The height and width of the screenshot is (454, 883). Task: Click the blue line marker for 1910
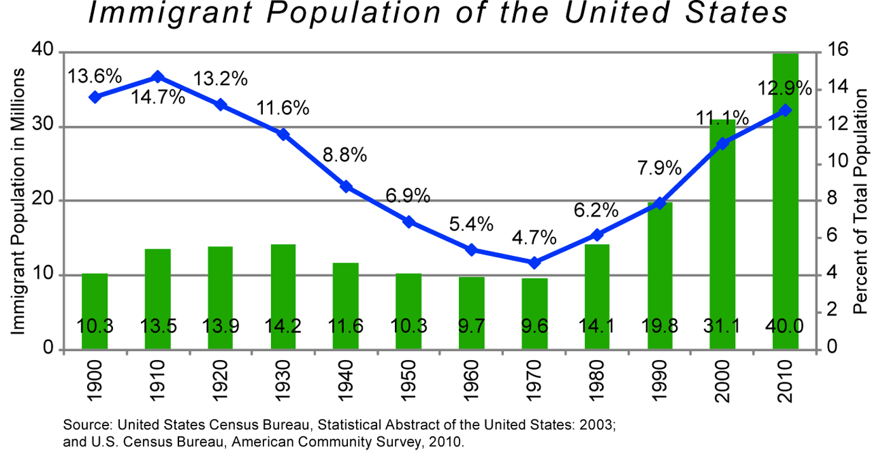point(158,77)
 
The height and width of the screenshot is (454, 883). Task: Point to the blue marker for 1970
point(534,262)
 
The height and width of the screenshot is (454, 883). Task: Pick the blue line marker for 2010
point(785,110)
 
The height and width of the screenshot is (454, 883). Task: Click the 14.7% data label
point(158,98)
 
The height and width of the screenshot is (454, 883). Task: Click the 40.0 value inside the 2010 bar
point(785,327)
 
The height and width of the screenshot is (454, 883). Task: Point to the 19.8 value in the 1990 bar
point(660,327)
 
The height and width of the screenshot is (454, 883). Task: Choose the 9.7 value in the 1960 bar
point(472,327)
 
